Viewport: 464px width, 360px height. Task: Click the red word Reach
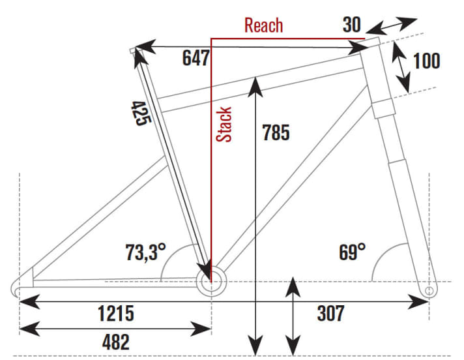click(263, 25)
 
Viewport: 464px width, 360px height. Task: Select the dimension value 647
click(195, 59)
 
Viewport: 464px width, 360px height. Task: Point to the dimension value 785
click(275, 132)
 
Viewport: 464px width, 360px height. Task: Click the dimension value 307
click(330, 313)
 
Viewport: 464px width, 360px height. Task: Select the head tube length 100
click(427, 61)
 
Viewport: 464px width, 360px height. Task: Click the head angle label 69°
click(351, 251)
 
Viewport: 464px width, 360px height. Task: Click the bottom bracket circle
click(211, 283)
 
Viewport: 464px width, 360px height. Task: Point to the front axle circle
click(429, 288)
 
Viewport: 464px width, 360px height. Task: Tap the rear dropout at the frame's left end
click(22, 286)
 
